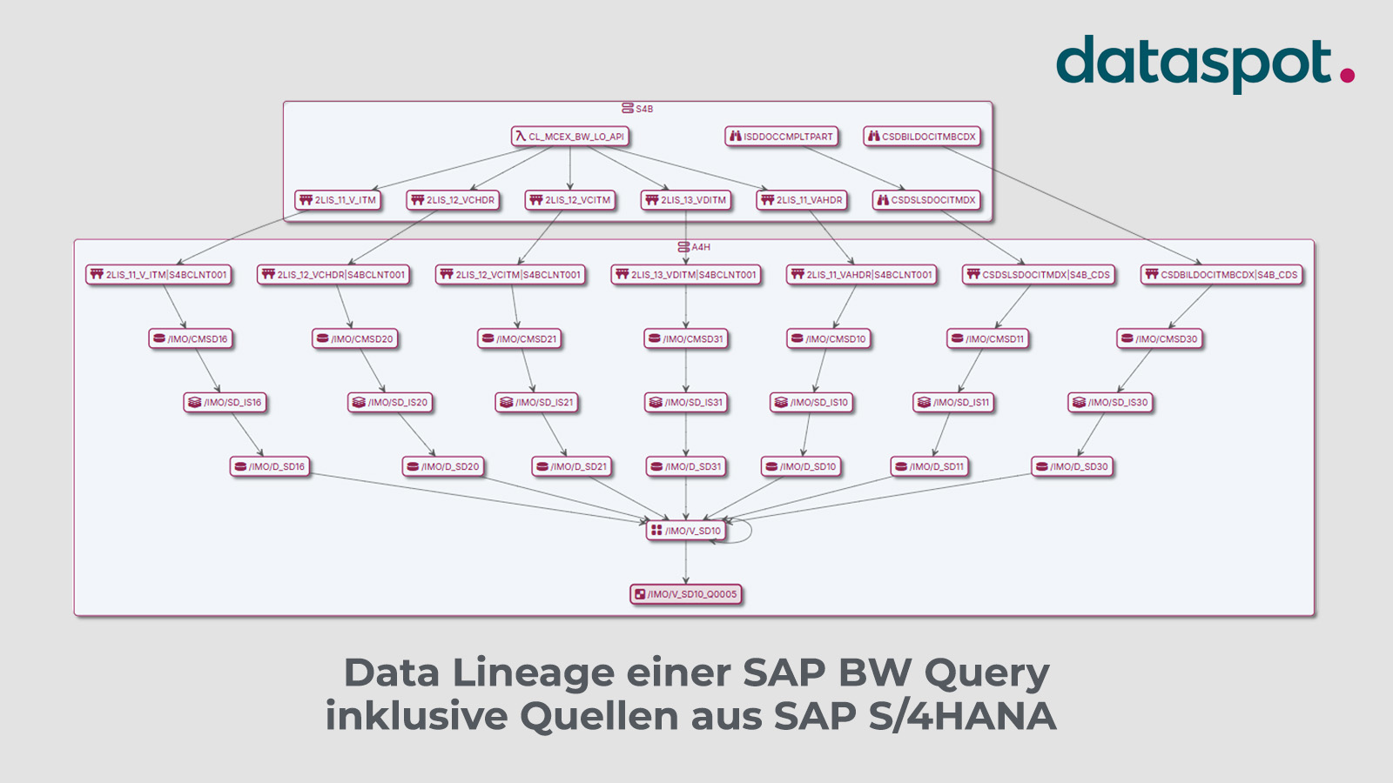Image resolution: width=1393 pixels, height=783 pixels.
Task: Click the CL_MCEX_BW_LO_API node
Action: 569,137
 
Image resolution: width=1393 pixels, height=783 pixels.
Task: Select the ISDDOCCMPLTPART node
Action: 781,137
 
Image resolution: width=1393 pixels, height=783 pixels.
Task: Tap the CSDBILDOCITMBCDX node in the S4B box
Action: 922,137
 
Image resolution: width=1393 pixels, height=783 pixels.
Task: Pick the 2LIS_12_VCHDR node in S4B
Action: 453,200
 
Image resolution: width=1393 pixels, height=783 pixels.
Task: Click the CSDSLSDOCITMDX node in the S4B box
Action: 926,200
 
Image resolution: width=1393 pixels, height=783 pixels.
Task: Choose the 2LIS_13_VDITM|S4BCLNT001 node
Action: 686,275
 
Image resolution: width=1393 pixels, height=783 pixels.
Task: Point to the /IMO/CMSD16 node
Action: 190,338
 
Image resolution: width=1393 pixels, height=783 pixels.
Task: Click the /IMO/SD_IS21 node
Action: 536,402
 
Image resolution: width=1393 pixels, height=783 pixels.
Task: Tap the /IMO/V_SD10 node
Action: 686,531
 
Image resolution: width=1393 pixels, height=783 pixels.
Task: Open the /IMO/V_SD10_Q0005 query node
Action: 686,594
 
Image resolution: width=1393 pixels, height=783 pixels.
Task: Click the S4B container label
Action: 638,109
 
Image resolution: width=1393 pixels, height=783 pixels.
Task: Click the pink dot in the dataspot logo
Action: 1347,76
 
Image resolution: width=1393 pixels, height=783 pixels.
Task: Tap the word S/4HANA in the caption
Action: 963,716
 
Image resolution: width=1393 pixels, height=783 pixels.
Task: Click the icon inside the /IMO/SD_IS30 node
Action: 1079,402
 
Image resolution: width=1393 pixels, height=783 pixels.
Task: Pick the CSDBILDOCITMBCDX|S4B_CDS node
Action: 1221,275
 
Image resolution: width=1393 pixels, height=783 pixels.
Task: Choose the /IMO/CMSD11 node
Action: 987,338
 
